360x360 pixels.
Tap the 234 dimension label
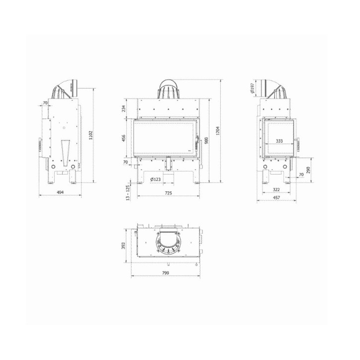coord(123,108)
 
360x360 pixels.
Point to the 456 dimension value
coord(123,139)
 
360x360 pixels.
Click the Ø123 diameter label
coord(155,179)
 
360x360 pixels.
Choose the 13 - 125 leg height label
coord(128,192)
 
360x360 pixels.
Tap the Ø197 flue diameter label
coord(253,90)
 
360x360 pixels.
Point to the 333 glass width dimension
coord(279,141)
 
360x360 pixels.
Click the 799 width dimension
coord(166,273)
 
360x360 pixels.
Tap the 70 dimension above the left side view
coord(45,103)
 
